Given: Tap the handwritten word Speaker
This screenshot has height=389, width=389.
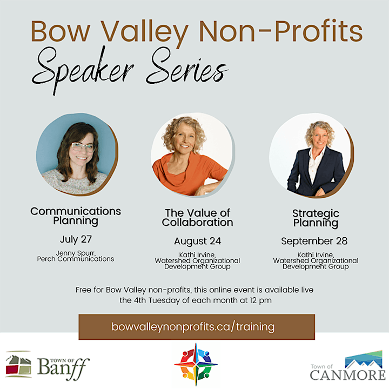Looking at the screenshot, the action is (83, 70).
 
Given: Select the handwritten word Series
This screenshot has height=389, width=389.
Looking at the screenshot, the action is (187, 67).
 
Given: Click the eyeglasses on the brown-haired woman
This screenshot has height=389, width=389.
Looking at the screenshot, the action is (83, 146).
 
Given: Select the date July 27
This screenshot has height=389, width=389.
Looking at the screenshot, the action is (76, 239).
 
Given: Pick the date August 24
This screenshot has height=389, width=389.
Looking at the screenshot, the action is (198, 241).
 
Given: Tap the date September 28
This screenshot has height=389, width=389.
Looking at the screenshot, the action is (314, 241).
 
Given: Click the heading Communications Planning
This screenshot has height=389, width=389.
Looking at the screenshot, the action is (76, 216).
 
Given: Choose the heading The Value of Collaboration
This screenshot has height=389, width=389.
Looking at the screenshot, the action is (198, 218).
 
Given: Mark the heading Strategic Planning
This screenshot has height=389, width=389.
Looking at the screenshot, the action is (316, 218).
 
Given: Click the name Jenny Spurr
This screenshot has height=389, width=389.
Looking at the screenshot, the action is (76, 253).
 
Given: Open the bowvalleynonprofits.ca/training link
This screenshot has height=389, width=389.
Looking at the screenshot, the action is (193, 327).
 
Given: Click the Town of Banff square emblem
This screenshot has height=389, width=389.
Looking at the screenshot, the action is (18, 365).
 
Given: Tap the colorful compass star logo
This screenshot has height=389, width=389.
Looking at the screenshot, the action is (196, 365).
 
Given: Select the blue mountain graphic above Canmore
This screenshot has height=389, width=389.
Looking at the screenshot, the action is (364, 359).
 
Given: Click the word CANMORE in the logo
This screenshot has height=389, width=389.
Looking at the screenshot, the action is (347, 375).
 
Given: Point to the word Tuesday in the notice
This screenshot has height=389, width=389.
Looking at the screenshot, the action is (164, 300).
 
